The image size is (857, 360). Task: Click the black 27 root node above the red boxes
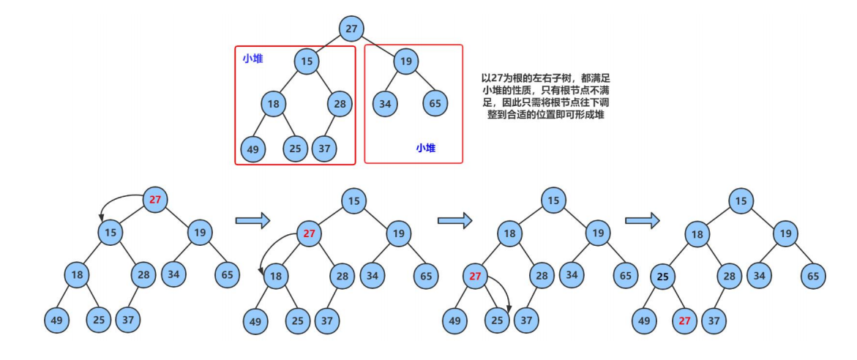pos(352,28)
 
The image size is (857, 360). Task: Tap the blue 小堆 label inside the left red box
pos(253,59)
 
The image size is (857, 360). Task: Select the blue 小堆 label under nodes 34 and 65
pos(426,148)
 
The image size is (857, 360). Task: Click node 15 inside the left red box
pos(307,61)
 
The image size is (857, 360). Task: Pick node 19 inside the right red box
pos(405,61)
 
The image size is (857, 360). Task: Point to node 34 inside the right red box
pos(385,103)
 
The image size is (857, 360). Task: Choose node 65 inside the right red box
pos(435,103)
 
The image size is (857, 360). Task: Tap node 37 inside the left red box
pos(323,149)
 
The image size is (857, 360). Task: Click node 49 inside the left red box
pos(253,149)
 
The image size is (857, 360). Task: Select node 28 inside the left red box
pos(340,103)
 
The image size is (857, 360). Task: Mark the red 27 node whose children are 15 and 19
pos(154,200)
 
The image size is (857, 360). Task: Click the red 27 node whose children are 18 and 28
pos(309,234)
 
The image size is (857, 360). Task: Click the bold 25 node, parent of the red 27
pos(662,277)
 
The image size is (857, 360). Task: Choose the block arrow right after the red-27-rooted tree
pos(253,220)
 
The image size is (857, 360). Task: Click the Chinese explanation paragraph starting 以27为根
pos(539,96)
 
